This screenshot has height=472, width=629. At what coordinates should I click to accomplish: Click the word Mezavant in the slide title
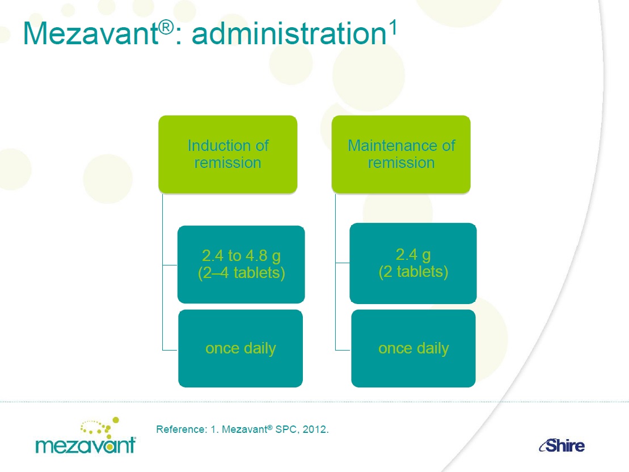91,33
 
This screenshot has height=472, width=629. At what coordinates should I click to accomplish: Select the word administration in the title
289,33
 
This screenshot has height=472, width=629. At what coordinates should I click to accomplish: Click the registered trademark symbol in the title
166,27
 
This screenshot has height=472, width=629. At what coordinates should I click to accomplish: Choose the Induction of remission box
228,154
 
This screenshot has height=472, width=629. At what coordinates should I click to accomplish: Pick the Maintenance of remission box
401,154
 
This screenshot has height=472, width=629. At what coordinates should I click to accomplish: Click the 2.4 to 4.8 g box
241,264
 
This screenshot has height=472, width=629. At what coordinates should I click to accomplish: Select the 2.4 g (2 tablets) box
413,263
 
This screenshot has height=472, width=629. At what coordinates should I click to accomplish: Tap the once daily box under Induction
240,348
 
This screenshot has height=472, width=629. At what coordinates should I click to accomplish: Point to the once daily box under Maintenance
413,348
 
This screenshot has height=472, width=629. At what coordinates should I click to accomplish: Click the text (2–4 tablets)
242,273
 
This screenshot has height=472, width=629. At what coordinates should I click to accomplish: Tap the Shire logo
562,445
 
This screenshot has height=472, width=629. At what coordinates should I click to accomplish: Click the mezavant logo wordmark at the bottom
86,445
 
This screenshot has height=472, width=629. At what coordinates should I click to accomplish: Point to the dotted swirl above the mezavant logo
100,425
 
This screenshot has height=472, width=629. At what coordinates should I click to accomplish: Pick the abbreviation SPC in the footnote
286,429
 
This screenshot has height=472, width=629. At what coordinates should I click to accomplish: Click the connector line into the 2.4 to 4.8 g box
170,265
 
